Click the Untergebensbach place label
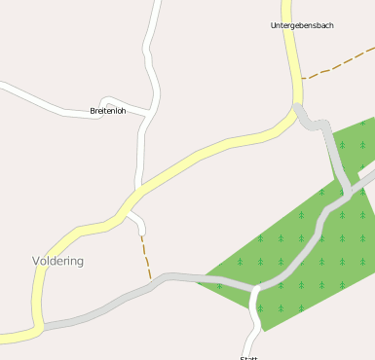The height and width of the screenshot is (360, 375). (x=302, y=25)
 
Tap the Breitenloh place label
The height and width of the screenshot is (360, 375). (x=108, y=111)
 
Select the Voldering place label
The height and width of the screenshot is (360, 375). (x=58, y=261)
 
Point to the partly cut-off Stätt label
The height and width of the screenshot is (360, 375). (x=248, y=357)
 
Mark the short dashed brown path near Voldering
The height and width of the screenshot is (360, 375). (x=146, y=257)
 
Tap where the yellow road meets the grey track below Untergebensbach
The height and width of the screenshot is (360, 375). (x=296, y=107)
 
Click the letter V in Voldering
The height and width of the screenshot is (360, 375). (x=36, y=261)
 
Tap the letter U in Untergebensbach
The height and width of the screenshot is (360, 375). (x=274, y=25)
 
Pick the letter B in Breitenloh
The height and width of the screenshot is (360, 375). (x=93, y=111)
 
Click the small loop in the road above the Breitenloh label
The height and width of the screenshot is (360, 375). (x=110, y=101)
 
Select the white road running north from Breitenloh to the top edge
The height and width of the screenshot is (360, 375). (x=151, y=39)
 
